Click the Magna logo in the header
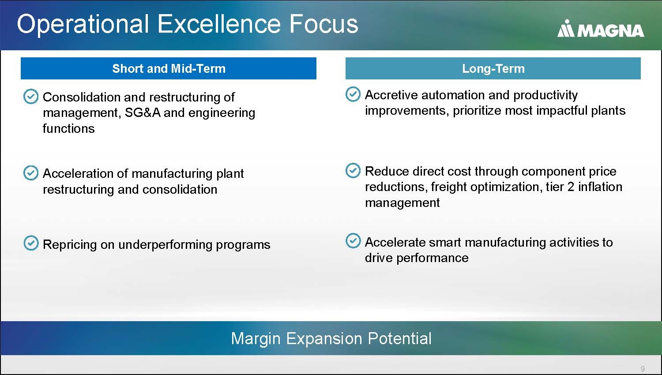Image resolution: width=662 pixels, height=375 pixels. tap(601, 29)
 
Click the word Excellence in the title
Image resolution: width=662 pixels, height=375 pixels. tap(219, 24)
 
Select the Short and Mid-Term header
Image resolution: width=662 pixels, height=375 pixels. tap(169, 68)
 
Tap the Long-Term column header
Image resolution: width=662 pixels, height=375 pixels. tap(493, 68)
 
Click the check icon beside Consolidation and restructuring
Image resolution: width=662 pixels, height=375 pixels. tap(31, 96)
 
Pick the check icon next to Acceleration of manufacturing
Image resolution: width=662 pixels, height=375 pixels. tap(31, 173)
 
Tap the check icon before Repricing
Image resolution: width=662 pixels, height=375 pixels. tap(31, 243)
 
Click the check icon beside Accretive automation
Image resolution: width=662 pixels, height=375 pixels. tap(353, 94)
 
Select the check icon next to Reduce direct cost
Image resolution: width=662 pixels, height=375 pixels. tap(353, 170)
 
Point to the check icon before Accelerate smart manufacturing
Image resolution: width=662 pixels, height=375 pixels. tap(353, 240)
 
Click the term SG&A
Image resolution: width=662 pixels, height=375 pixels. tap(143, 112)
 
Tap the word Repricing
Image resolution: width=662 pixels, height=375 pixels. tap(70, 245)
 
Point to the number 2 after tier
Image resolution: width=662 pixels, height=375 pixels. tap(571, 187)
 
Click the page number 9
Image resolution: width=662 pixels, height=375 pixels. tap(643, 368)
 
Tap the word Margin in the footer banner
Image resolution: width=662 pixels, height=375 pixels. tap(256, 339)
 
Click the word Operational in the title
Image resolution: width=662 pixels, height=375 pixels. tap(83, 25)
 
